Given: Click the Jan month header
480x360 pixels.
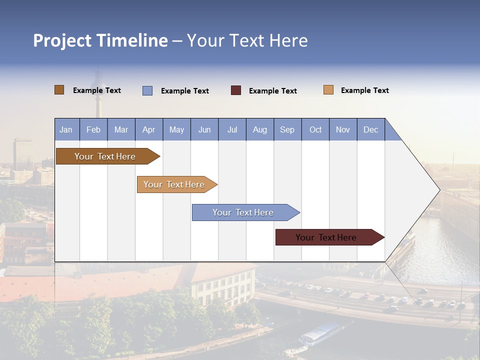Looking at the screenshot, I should click(x=66, y=130).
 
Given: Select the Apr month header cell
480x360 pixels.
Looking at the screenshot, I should click(x=149, y=130).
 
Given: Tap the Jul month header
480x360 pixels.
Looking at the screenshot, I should click(x=232, y=130).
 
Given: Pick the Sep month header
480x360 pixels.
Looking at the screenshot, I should click(x=287, y=130).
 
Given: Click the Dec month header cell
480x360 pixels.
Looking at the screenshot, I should click(x=370, y=130).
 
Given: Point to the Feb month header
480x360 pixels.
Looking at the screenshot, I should click(x=93, y=130).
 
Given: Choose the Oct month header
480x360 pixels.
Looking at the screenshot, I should click(x=315, y=130).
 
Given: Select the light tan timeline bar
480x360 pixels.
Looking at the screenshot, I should click(x=175, y=184).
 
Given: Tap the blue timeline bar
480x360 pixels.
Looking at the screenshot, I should click(x=244, y=212).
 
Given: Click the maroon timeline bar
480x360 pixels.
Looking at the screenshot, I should click(x=327, y=237).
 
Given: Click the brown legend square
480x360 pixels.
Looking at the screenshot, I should click(x=59, y=90).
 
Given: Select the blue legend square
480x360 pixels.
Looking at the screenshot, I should click(x=147, y=90).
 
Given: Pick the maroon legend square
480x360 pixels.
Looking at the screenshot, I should click(x=236, y=90).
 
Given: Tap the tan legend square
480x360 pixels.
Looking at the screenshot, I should click(x=328, y=90).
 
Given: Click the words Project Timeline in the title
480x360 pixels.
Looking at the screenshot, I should click(x=100, y=40).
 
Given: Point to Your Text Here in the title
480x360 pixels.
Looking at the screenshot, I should click(x=247, y=40).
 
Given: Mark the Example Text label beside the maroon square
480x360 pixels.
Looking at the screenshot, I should click(x=273, y=91).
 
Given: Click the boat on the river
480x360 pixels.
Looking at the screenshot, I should click(x=320, y=334).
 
